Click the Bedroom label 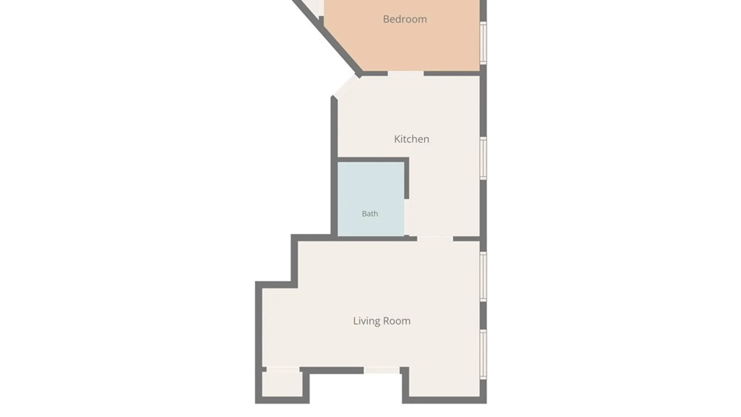tap(405, 19)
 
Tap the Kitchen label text tap(411, 139)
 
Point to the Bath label tap(370, 214)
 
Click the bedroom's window tap(483, 43)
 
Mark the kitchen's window tap(483, 158)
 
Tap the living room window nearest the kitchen tap(483, 276)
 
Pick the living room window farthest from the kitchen tap(483, 354)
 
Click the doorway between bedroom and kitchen tap(406, 73)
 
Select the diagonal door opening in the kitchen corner tap(346, 86)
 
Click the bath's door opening tap(407, 217)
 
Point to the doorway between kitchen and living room tap(435, 239)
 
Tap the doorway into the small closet tap(283, 370)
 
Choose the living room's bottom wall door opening tap(382, 370)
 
